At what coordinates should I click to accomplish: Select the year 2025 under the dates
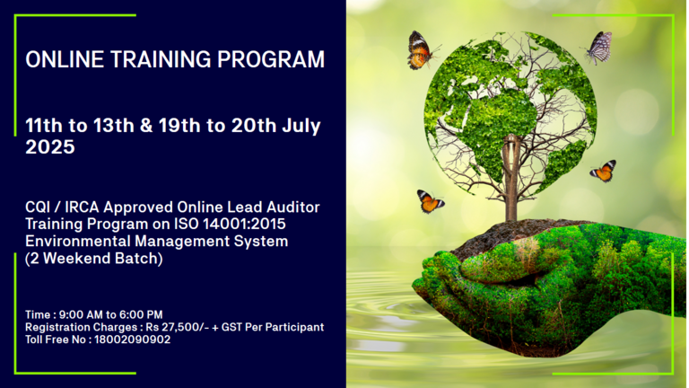50,147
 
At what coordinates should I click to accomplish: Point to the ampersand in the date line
146,126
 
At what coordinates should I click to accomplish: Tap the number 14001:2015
244,224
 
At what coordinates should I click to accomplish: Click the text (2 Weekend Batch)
94,259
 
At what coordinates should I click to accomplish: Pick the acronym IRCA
82,207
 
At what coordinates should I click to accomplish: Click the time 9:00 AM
81,314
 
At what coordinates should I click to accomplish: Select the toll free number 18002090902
132,339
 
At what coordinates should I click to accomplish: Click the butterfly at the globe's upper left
421,50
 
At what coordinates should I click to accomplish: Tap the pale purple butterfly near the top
597,47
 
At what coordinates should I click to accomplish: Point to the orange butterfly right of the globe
603,171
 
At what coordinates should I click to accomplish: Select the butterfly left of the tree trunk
430,201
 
